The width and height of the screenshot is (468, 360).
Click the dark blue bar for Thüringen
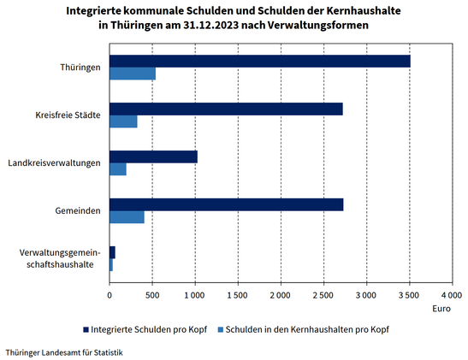point(260,62)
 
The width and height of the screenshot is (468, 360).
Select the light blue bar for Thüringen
point(133,74)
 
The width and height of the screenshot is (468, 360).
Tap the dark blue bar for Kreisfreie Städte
point(226,109)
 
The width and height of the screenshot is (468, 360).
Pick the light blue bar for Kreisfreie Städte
point(123,121)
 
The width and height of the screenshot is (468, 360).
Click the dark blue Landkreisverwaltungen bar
point(153,156)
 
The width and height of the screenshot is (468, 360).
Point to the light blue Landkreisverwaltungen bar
point(118,169)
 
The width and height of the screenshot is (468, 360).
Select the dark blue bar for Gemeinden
point(227,204)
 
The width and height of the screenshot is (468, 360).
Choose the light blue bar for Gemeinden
point(127,217)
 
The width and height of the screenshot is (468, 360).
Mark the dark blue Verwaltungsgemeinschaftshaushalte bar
point(113,252)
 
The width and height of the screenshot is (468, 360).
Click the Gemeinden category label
point(78,211)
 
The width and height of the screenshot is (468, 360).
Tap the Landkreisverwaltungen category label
point(54,163)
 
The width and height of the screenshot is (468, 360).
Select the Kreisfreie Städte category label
point(68,115)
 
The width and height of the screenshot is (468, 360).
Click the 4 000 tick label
point(453,295)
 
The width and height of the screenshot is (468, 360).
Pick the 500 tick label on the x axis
point(152,295)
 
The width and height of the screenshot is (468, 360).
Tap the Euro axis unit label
point(441,309)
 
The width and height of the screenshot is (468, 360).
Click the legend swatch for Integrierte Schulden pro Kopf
point(86,329)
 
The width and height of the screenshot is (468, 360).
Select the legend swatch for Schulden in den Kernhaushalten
point(221,329)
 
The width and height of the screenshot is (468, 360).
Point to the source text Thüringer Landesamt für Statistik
point(64,352)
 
